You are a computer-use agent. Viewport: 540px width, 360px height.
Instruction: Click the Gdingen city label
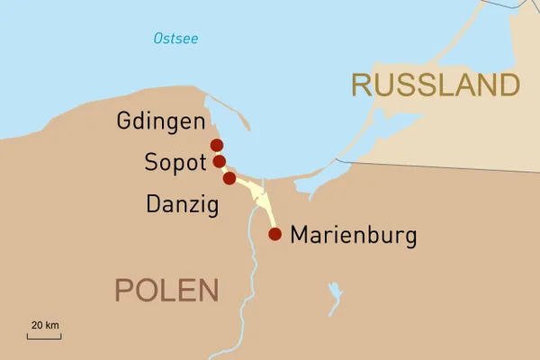(160, 121)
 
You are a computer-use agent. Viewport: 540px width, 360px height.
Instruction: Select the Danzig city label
(182, 205)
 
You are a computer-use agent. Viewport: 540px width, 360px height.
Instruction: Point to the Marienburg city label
(353, 237)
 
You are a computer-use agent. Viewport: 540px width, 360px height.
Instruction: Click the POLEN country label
(166, 290)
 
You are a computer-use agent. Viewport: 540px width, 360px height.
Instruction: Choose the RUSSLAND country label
(436, 85)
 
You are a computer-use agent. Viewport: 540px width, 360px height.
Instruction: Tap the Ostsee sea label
(175, 39)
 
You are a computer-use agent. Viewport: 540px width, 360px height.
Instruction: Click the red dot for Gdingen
(216, 145)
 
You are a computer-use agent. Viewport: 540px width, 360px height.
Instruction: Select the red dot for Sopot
(219, 162)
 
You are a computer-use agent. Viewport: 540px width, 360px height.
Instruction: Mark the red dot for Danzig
(229, 178)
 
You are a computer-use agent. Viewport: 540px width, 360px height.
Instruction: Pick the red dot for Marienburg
(275, 235)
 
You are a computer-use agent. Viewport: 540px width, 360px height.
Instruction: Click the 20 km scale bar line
(44, 337)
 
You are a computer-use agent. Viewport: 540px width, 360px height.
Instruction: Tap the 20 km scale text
(45, 325)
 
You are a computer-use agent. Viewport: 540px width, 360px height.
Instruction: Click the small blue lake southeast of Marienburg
(335, 293)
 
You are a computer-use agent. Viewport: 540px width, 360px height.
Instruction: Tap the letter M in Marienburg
(299, 237)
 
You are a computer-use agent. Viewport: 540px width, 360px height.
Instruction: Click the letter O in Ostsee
(158, 39)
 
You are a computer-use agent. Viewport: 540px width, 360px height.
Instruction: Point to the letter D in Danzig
(153, 205)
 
